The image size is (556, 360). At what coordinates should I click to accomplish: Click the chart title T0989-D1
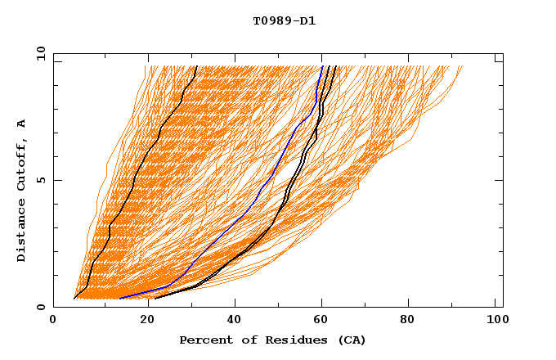coord(284,20)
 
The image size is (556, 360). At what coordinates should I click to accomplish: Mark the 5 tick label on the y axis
coord(41,180)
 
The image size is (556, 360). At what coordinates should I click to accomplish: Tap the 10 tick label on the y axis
coord(38,53)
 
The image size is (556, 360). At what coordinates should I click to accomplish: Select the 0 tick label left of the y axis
coord(41,307)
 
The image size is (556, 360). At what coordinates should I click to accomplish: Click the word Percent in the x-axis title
coord(204,340)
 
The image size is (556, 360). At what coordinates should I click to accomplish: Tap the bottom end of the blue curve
coord(120,298)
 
